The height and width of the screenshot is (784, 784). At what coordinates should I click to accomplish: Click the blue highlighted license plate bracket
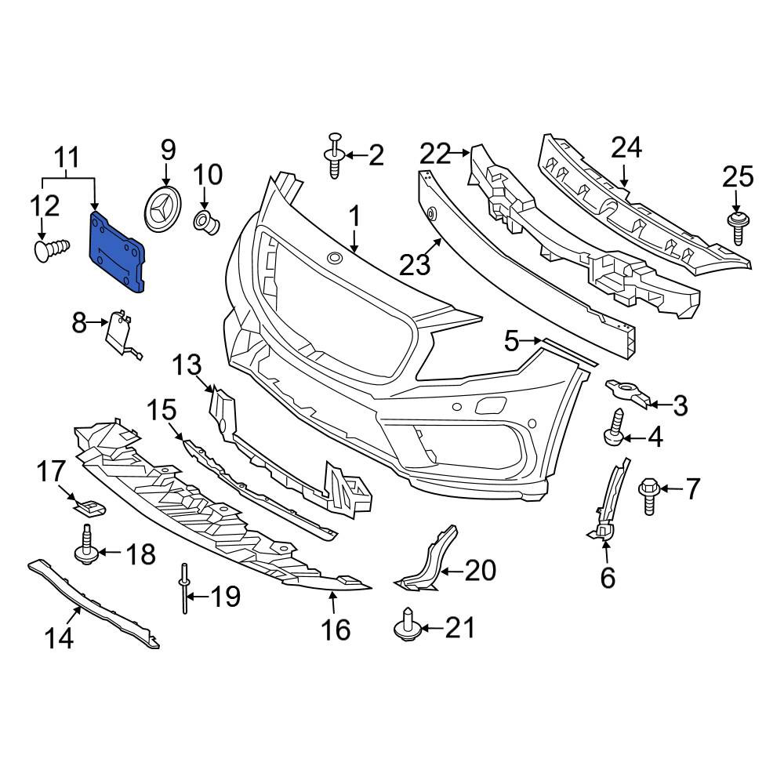pyautogui.click(x=118, y=252)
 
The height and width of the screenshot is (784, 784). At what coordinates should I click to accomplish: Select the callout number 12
pyautogui.click(x=44, y=207)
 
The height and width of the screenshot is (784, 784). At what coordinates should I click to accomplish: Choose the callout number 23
pyautogui.click(x=415, y=264)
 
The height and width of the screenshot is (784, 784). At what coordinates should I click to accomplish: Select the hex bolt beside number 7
pyautogui.click(x=648, y=495)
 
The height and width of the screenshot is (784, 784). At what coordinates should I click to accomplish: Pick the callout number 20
pyautogui.click(x=481, y=571)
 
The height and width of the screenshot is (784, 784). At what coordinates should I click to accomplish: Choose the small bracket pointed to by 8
pyautogui.click(x=119, y=335)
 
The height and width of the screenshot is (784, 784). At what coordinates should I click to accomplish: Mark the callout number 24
pyautogui.click(x=626, y=147)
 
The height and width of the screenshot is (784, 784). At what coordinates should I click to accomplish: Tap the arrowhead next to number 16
pyautogui.click(x=332, y=598)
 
